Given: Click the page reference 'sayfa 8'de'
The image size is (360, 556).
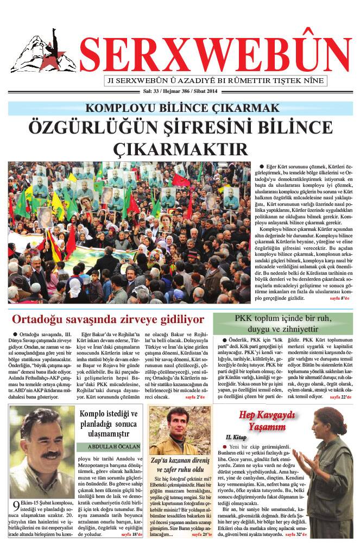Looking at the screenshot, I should pyautogui.click(x=341, y=298).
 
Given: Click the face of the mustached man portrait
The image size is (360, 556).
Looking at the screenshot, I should pyautogui.click(x=41, y=448).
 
